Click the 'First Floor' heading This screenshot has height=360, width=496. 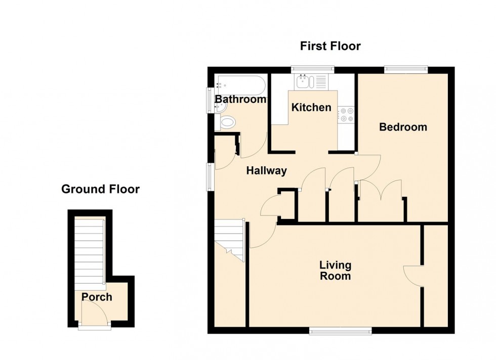(330, 47)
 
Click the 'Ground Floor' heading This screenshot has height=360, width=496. (100, 190)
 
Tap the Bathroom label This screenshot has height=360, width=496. (240, 100)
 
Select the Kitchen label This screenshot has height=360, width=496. (311, 107)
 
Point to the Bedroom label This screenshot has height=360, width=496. (403, 127)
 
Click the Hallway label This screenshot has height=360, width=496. (266, 171)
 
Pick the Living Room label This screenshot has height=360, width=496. (335, 271)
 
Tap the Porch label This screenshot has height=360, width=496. (97, 297)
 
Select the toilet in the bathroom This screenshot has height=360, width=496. (227, 122)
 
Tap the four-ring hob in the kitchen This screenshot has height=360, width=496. (347, 115)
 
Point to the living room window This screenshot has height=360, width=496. (340, 331)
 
